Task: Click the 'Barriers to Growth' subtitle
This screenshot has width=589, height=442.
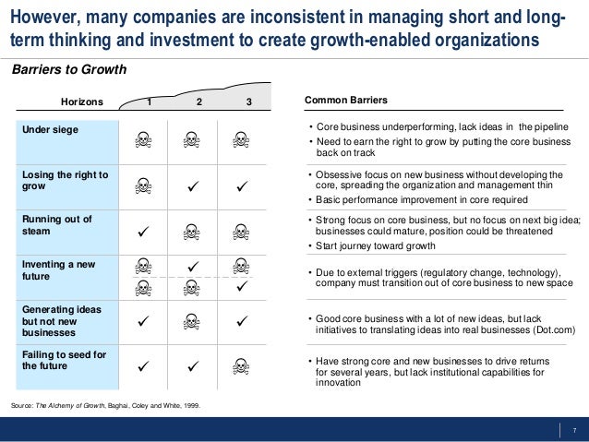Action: (68, 70)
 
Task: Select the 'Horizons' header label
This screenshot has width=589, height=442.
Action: (82, 102)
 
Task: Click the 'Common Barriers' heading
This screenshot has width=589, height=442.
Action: (346, 100)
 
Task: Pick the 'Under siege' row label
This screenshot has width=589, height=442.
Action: (51, 130)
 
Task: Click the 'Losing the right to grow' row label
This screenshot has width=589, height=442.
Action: (65, 181)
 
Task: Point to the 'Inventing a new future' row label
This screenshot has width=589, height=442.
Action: (59, 270)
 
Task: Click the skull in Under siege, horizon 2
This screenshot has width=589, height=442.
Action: (191, 140)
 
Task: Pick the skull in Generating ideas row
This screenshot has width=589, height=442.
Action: (191, 321)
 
